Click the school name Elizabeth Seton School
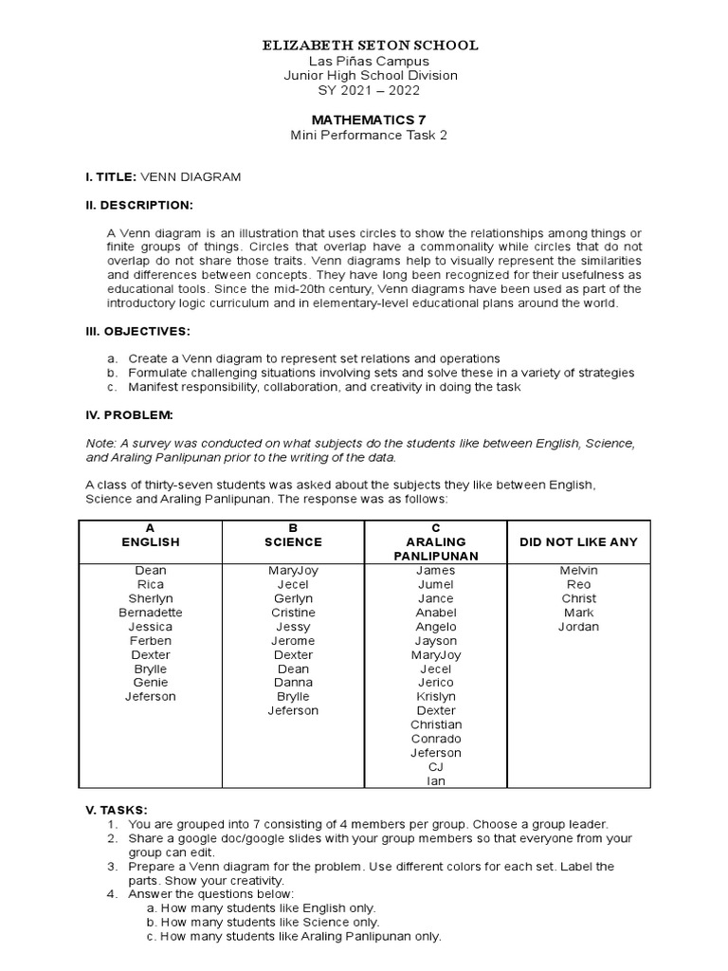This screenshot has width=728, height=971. (x=370, y=46)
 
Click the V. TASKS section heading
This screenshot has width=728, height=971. (x=116, y=810)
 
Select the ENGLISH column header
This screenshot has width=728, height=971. (x=151, y=541)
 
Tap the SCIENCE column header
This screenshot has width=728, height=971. (x=293, y=541)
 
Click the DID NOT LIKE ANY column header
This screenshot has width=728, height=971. (x=578, y=541)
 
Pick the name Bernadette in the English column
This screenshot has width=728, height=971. (x=151, y=613)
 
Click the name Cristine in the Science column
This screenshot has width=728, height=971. (x=293, y=613)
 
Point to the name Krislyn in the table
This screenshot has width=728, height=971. (x=436, y=696)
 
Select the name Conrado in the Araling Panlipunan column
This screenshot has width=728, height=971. (x=436, y=739)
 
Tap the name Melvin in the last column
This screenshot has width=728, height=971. (x=578, y=570)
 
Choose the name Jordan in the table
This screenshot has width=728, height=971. (x=578, y=627)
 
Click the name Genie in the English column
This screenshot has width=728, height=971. (x=151, y=683)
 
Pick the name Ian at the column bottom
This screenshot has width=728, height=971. (x=436, y=781)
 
